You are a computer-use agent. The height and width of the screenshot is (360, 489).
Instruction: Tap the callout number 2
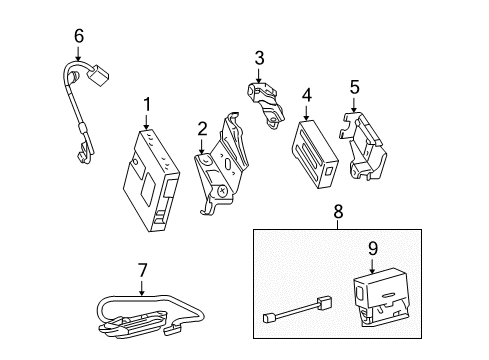coord(202,127)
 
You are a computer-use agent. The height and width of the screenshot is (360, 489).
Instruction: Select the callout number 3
coord(259,57)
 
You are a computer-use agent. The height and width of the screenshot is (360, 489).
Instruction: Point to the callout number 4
coord(307,95)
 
